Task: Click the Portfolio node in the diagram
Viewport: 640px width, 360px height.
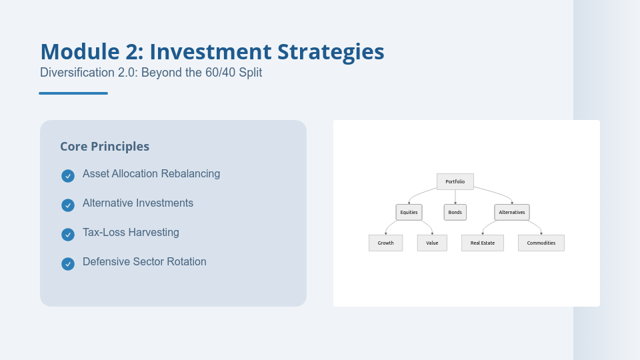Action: click(x=455, y=181)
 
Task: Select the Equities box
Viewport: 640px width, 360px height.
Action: click(x=409, y=212)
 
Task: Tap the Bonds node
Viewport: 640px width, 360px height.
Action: click(x=455, y=212)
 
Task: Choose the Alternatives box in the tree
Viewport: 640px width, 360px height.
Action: click(x=511, y=212)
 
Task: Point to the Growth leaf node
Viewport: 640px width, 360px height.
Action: click(x=385, y=243)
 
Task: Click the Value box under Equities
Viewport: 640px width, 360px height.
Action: click(x=432, y=243)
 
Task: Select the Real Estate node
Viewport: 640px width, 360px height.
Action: click(x=482, y=243)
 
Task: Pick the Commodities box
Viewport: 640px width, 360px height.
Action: click(x=541, y=243)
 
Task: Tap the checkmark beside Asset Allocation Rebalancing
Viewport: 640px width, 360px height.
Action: click(x=67, y=176)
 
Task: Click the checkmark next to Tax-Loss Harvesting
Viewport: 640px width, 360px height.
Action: click(x=67, y=235)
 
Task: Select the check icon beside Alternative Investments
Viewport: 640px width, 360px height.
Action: click(x=67, y=205)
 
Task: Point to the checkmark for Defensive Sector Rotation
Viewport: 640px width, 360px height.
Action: click(x=67, y=264)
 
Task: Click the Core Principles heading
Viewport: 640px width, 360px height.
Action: click(x=105, y=147)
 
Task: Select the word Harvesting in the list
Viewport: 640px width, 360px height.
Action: click(x=153, y=233)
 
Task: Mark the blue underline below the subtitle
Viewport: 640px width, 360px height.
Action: click(x=73, y=93)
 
